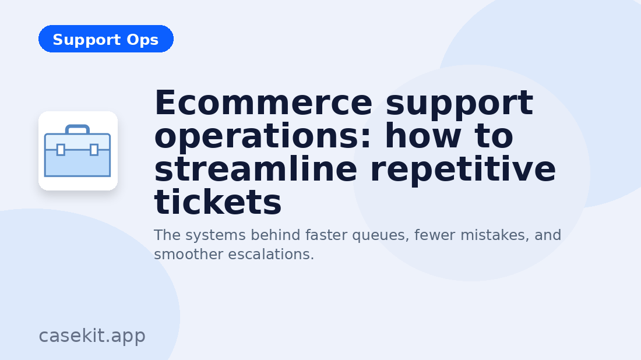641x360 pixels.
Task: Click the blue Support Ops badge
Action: coord(105,39)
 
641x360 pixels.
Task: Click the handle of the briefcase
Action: coord(78,128)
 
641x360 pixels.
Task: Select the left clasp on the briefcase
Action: coord(61,150)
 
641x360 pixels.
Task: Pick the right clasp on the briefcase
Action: coord(94,150)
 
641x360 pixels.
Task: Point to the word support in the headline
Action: coord(459,103)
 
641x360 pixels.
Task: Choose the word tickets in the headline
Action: coord(218,203)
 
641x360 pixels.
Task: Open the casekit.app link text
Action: coord(92,336)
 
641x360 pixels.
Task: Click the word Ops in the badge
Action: coord(142,40)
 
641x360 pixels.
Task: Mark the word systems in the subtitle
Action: coord(212,235)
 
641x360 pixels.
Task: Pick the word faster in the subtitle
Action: coord(327,235)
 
